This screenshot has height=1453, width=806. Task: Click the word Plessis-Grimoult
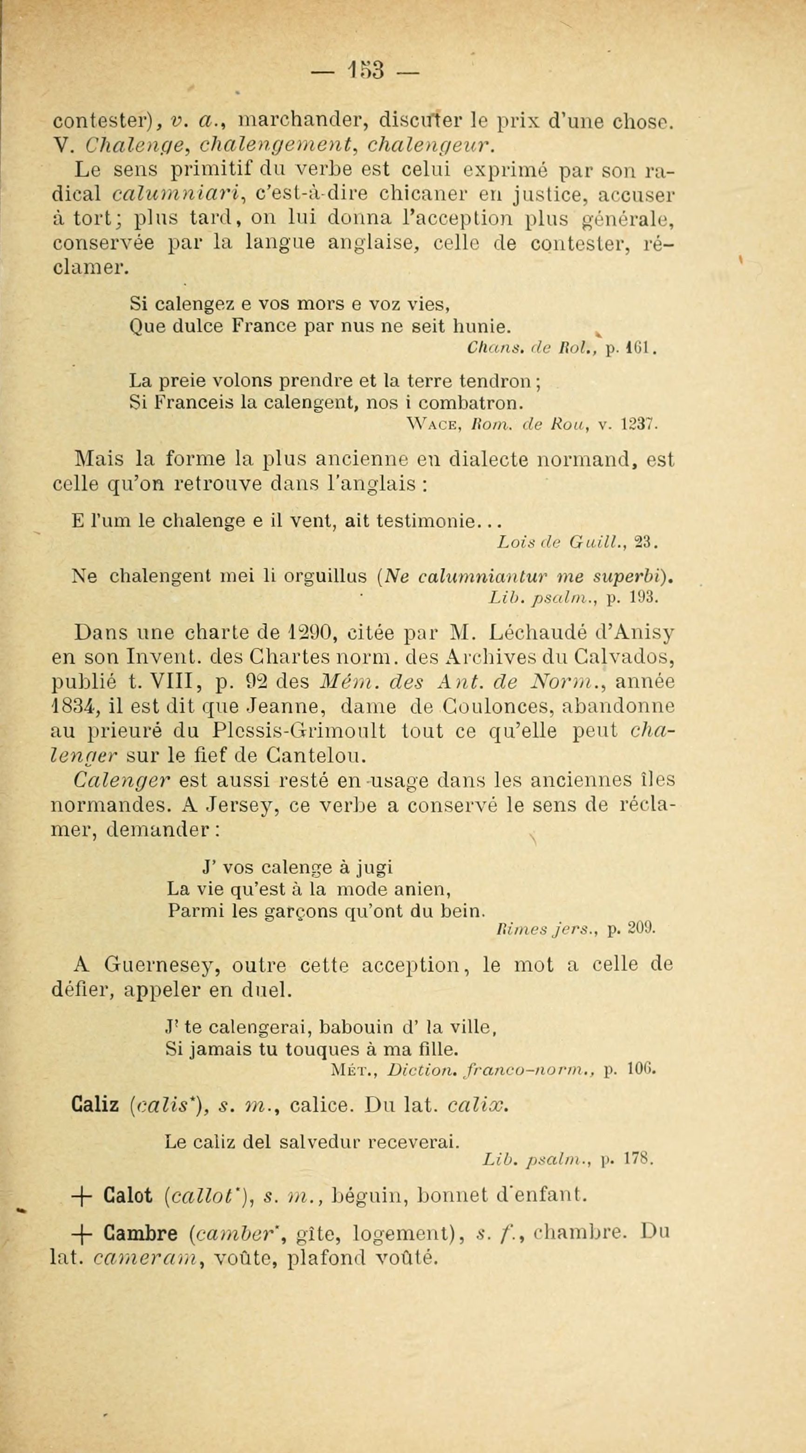[299, 730]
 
